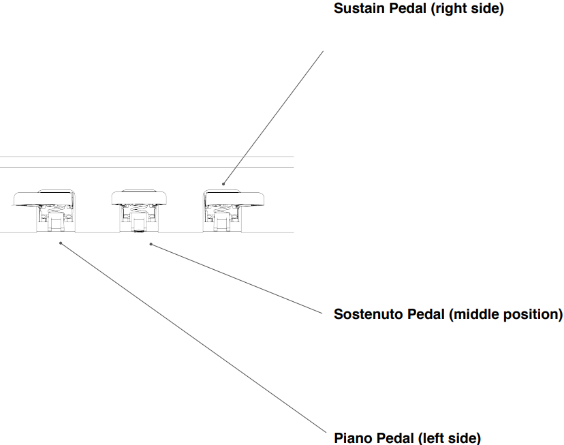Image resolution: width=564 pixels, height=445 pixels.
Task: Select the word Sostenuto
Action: (368, 314)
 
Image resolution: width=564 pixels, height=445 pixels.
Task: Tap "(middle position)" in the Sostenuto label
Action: (507, 314)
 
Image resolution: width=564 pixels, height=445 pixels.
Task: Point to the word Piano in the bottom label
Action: (351, 438)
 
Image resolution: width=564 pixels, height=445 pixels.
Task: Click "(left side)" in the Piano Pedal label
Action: (450, 438)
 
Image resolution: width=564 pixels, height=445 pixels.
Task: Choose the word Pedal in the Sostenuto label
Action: (426, 314)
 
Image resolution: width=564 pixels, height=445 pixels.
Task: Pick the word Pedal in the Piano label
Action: (394, 438)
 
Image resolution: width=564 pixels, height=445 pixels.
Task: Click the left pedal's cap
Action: (44, 198)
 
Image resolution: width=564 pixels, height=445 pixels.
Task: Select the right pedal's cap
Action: (235, 198)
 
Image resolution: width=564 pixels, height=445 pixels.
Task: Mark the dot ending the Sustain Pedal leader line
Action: (223, 183)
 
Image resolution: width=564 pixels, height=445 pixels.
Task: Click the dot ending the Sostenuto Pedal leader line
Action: (151, 243)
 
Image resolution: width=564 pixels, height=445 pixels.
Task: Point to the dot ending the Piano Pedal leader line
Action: (61, 243)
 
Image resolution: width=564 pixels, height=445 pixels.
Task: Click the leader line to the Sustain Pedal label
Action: (272, 116)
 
